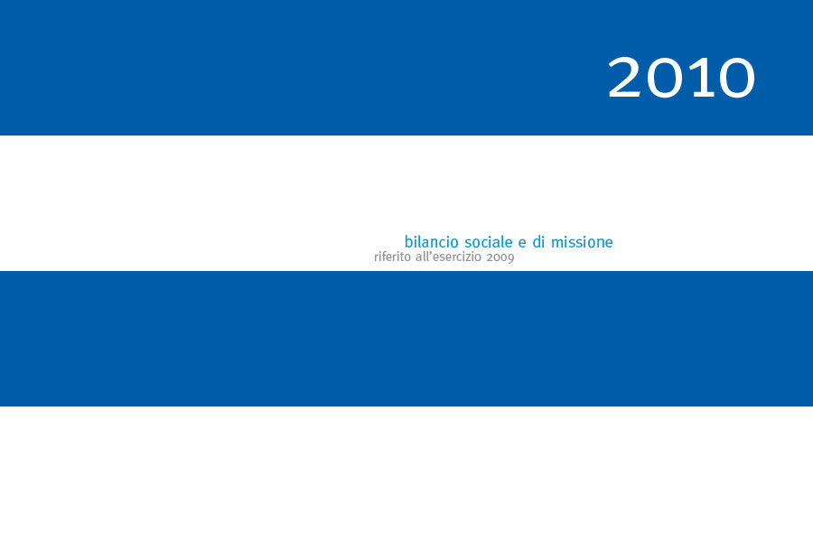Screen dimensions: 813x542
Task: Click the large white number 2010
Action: click(x=681, y=78)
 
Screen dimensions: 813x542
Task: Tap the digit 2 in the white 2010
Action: click(x=625, y=77)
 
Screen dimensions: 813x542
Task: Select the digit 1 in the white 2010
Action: click(x=700, y=78)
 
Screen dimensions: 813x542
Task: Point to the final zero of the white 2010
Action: click(x=735, y=78)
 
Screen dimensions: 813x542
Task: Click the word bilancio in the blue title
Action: click(x=432, y=242)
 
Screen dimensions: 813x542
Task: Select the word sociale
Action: click(x=489, y=242)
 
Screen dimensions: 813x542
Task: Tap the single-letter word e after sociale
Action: click(x=522, y=243)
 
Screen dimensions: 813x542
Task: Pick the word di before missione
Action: click(x=538, y=242)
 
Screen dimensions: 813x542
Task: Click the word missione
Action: click(x=582, y=242)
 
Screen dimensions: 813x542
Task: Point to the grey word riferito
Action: click(x=393, y=257)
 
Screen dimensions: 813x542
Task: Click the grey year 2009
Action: click(x=500, y=257)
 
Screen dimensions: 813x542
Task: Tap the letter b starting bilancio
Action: click(x=408, y=242)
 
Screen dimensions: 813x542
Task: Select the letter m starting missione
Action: click(x=556, y=243)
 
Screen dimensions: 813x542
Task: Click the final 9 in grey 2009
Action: click(x=511, y=258)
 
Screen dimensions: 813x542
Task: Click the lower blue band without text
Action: click(x=406, y=338)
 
